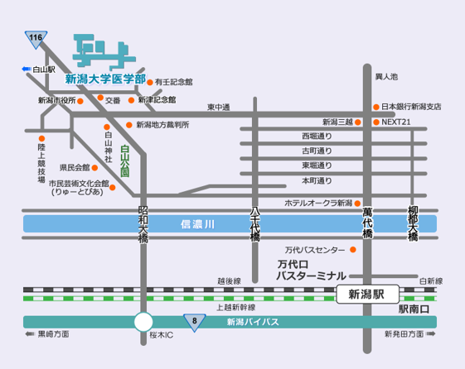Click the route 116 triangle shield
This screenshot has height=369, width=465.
36,38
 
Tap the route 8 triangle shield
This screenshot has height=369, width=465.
195,322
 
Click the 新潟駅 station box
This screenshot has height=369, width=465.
367,295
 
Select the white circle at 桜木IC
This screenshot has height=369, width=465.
143,322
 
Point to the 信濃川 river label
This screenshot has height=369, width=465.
197,224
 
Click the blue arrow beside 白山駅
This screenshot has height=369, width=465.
27,69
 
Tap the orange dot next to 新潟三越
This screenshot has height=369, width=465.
358,122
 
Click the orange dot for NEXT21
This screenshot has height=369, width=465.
376,122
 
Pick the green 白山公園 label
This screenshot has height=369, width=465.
125,161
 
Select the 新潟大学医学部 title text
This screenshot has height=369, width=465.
105,79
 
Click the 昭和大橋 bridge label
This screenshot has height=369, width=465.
143,224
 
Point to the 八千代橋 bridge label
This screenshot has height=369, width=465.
255,223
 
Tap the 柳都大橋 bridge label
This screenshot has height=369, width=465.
413,223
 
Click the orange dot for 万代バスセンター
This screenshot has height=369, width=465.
353,250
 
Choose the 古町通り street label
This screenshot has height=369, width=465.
317,151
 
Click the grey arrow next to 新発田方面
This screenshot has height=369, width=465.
430,334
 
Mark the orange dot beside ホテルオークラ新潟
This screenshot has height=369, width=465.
357,204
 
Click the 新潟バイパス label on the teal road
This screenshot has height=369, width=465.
253,322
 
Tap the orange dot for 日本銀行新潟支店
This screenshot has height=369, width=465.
376,107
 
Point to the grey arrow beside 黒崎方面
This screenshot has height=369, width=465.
30,334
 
